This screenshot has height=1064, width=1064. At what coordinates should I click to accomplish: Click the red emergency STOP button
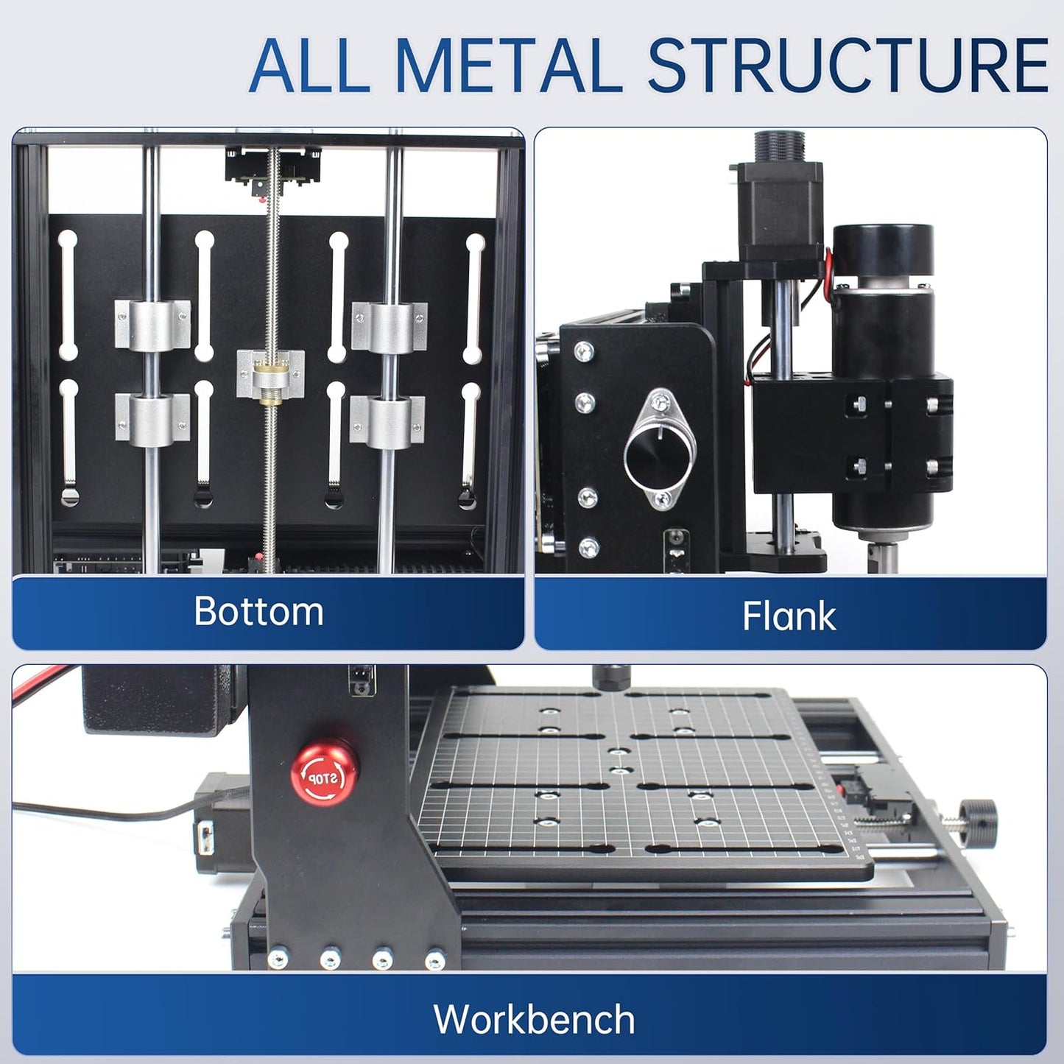(323, 774)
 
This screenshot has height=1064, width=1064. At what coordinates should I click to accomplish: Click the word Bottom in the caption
(258, 611)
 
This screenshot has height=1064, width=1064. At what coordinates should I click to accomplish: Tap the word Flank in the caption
(789, 616)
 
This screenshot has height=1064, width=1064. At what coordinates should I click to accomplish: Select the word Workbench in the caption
(534, 1020)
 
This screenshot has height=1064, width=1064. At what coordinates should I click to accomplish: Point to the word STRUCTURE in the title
(847, 66)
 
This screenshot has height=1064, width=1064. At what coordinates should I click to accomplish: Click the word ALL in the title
(309, 66)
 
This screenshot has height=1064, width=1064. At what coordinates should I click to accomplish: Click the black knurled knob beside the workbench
(979, 817)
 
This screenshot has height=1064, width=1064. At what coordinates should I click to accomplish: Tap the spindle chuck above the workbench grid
(610, 676)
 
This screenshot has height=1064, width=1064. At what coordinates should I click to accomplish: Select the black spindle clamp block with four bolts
(854, 434)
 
